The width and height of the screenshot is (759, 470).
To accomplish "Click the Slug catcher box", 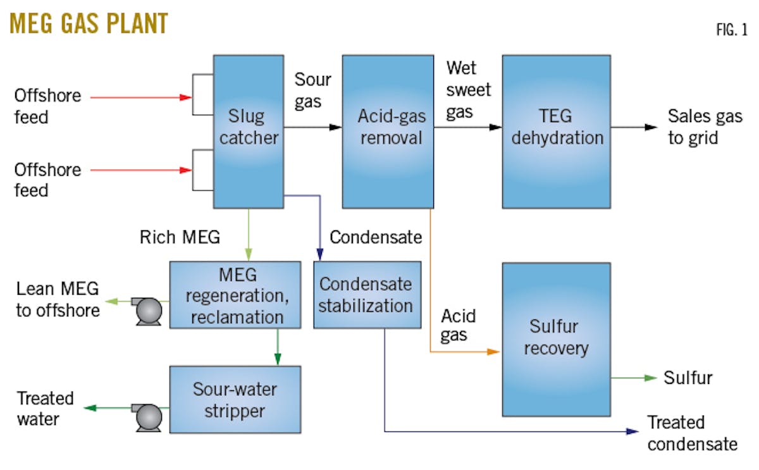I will tap(247, 132).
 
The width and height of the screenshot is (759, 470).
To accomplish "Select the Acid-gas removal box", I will tap(388, 132).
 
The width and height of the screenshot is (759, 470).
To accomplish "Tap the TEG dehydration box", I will tap(556, 132).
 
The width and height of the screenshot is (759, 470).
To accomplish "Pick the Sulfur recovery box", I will tap(556, 338).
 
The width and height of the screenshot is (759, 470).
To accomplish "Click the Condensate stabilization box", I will tap(367, 294).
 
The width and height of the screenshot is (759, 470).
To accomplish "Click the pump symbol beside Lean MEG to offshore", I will tap(149, 310).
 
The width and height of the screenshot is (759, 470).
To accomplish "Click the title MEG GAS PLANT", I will tap(89, 23).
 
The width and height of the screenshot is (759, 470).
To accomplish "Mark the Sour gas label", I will tap(312, 90).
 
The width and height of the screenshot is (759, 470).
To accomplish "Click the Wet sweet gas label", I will tap(468, 90).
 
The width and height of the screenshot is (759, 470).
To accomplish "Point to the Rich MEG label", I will tap(179, 237).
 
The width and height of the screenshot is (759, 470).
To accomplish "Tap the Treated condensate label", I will tap(691, 433).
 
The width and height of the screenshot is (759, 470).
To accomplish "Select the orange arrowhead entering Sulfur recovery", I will tap(493, 351).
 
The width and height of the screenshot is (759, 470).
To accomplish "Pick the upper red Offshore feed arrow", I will tap(140, 97).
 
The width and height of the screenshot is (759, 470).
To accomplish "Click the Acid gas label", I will tap(458, 325).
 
